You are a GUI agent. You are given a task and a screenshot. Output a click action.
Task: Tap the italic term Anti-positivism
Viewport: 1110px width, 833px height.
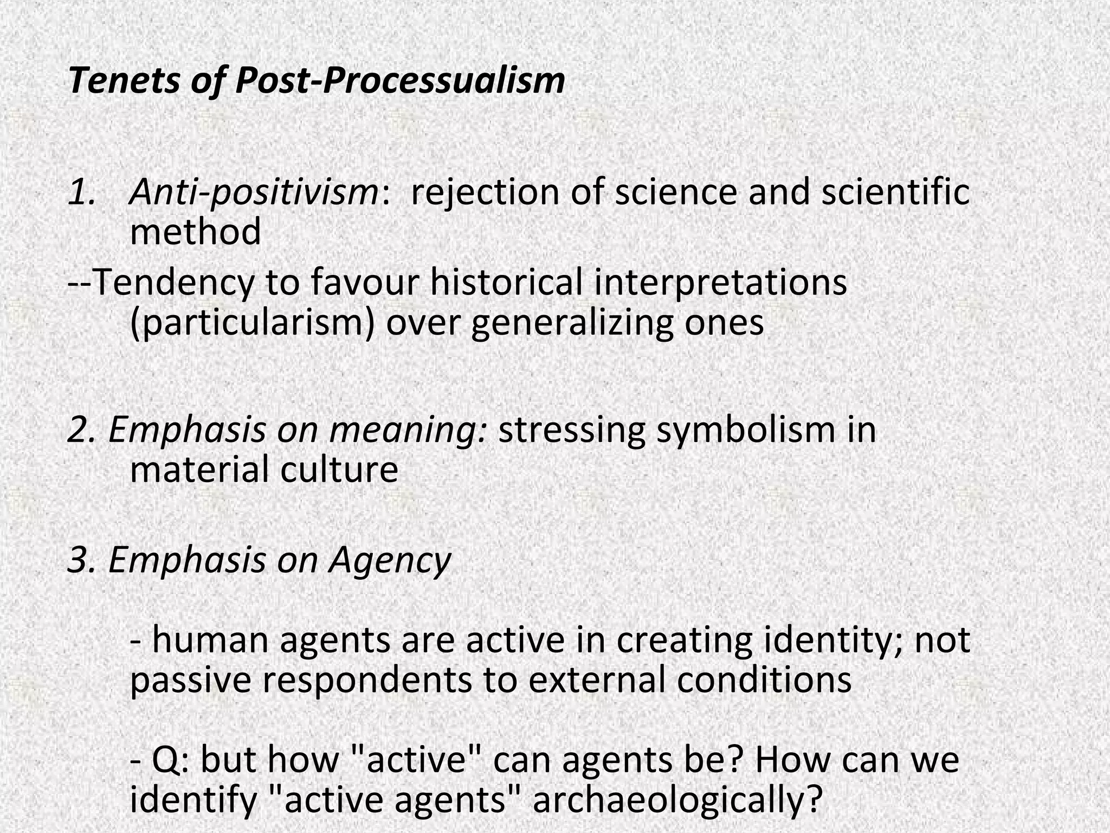coord(255,193)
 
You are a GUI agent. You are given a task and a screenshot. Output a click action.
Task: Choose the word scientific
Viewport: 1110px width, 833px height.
coord(895,191)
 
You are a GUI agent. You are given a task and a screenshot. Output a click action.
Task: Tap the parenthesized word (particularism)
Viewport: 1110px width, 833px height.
coord(253,323)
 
